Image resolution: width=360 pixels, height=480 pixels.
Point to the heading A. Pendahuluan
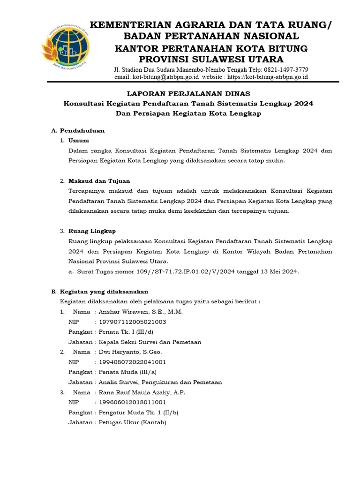(x=78, y=130)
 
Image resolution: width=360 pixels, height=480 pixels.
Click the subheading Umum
(x=78, y=140)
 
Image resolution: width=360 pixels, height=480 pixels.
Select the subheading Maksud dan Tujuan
(x=99, y=180)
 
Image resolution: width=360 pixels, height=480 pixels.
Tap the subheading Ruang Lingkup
(x=92, y=231)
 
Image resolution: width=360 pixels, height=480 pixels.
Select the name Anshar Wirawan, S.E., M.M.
(x=140, y=312)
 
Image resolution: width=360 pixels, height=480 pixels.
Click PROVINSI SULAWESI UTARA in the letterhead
(x=211, y=59)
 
